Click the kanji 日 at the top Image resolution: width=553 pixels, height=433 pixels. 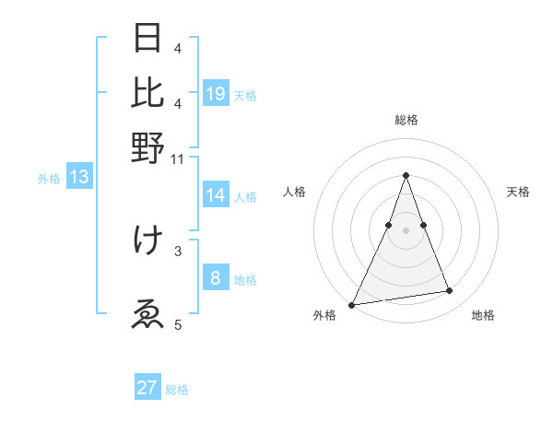click(x=148, y=39)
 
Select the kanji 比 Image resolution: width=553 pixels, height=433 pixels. click(x=148, y=92)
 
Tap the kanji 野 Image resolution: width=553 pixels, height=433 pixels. click(x=148, y=146)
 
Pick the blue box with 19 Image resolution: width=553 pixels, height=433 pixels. click(x=216, y=93)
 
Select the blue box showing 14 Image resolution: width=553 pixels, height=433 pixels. click(x=216, y=195)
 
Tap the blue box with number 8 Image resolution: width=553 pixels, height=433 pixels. click(x=216, y=278)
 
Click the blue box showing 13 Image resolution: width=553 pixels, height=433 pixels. click(x=79, y=178)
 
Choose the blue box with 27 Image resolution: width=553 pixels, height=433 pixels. click(x=147, y=388)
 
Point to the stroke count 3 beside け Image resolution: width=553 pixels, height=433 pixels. click(x=179, y=250)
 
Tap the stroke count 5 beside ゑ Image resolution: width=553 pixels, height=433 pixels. click(x=179, y=324)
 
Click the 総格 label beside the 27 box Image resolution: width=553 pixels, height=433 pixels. click(x=177, y=390)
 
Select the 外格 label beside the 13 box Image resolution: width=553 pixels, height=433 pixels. click(x=49, y=179)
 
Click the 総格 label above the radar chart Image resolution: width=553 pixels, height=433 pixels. click(x=406, y=120)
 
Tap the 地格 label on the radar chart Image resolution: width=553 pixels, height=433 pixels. click(x=483, y=316)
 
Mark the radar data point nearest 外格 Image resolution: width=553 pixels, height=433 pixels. click(x=351, y=305)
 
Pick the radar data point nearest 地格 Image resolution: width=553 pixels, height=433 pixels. click(x=450, y=291)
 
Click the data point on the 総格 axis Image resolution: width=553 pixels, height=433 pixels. click(x=406, y=175)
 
